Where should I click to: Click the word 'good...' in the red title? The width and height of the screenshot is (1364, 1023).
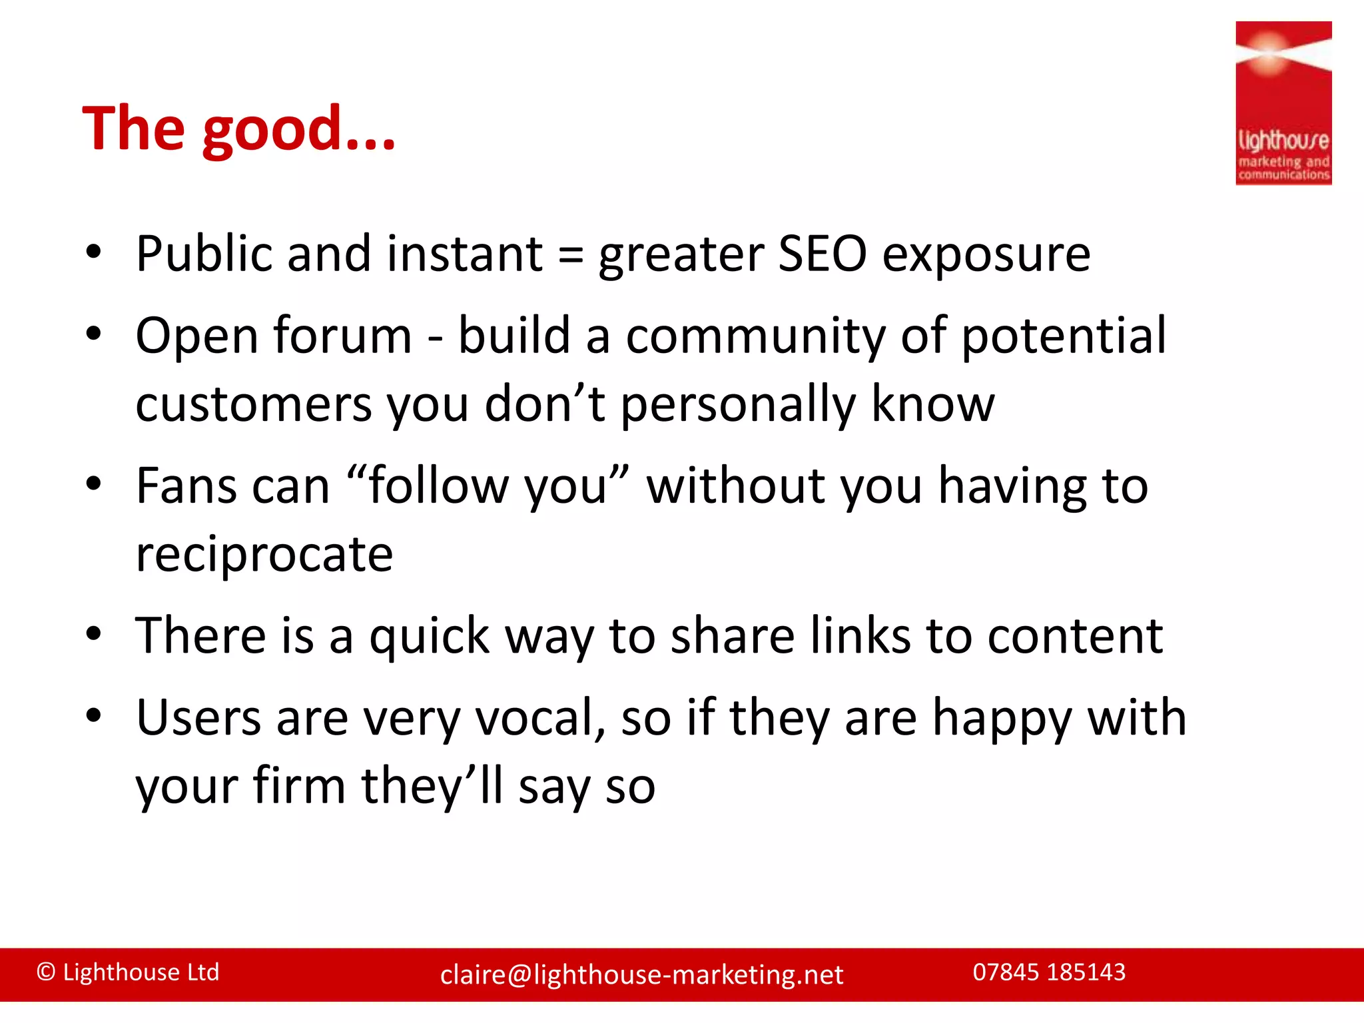[298, 131]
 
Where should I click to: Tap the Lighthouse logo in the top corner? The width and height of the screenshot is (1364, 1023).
[1283, 103]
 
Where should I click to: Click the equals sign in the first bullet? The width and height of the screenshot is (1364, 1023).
[570, 256]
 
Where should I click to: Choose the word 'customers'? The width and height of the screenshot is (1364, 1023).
[254, 405]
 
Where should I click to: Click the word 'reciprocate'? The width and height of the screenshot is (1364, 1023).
[264, 555]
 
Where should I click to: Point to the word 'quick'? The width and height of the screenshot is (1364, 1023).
[430, 637]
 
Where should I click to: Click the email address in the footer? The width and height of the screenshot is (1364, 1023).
[641, 975]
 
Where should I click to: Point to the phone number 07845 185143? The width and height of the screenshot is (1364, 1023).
[1049, 972]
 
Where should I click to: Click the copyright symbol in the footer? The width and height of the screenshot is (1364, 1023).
[46, 972]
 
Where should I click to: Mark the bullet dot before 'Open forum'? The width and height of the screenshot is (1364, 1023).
[93, 334]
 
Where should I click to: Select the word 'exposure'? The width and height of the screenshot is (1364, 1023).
[986, 256]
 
